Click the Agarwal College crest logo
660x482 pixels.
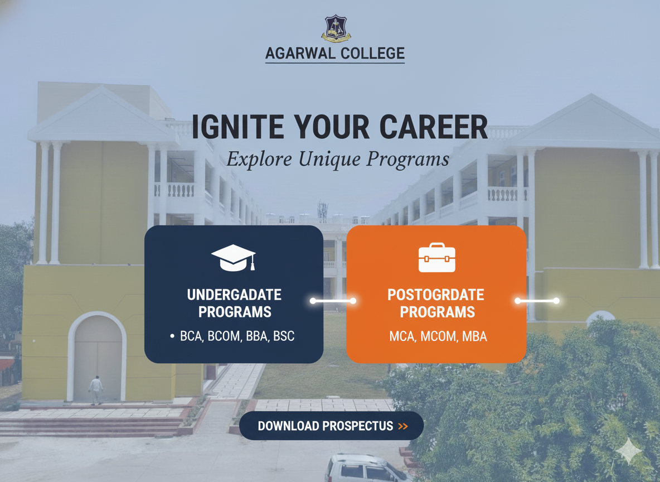click(x=335, y=29)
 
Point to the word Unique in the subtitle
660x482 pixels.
click(x=330, y=159)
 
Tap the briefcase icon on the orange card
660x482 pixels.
click(x=436, y=258)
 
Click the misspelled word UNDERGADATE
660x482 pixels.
click(x=234, y=295)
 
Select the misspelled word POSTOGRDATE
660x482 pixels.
click(x=436, y=295)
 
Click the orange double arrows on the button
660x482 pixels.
click(x=402, y=427)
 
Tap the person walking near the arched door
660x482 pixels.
click(x=96, y=389)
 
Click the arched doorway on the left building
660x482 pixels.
click(x=98, y=357)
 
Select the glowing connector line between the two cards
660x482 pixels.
click(x=333, y=301)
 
